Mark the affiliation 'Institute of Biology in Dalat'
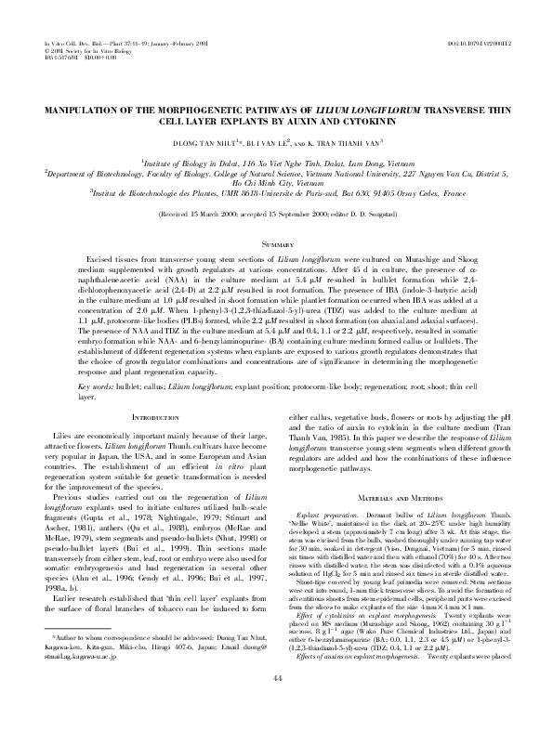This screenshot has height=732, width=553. pyautogui.click(x=214, y=160)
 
